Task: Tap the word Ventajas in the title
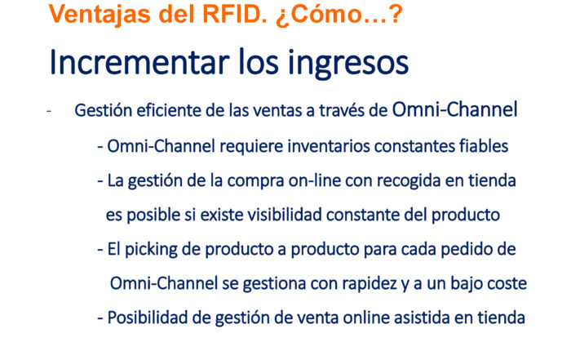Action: point(100,16)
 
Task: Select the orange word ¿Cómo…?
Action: point(339,16)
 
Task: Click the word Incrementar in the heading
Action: point(139,62)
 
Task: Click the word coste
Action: point(507,284)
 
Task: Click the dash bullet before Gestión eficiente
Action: point(49,111)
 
